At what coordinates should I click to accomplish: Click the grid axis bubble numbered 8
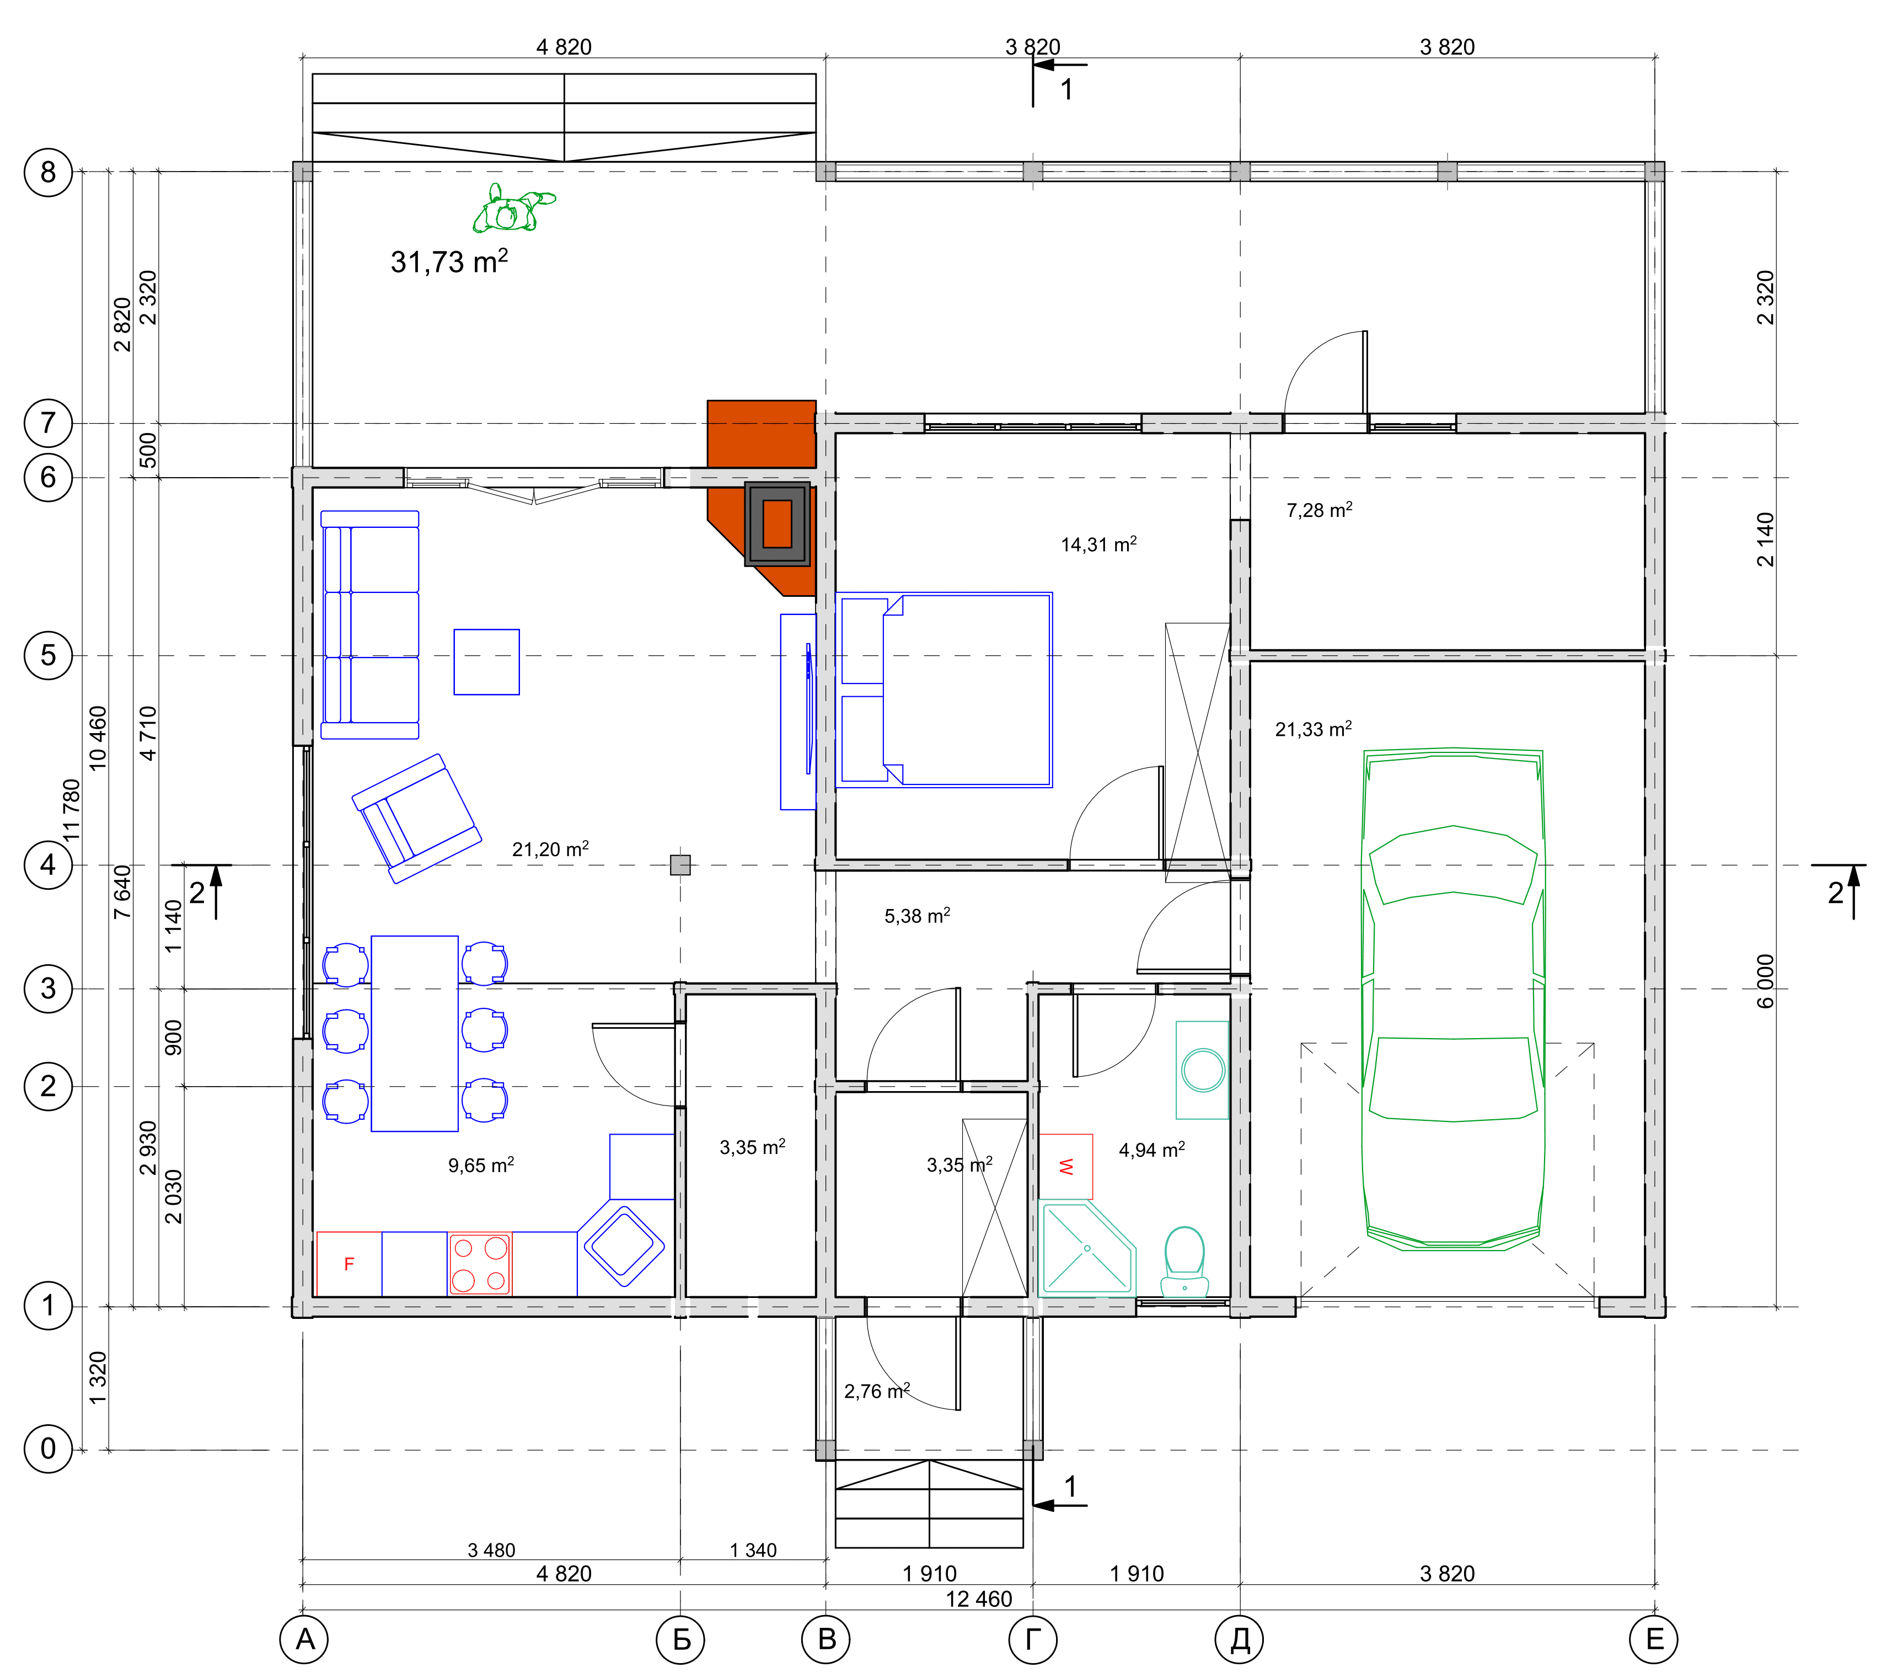pyautogui.click(x=47, y=172)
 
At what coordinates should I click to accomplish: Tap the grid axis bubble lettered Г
pyautogui.click(x=1032, y=1639)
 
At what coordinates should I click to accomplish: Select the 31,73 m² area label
pyautogui.click(x=449, y=261)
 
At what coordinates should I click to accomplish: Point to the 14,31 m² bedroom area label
pyautogui.click(x=1098, y=544)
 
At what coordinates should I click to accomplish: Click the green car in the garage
pyautogui.click(x=1454, y=998)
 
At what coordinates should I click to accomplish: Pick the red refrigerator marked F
pyautogui.click(x=349, y=1264)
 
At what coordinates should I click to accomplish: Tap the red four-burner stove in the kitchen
pyautogui.click(x=480, y=1264)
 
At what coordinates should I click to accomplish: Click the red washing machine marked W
pyautogui.click(x=1066, y=1166)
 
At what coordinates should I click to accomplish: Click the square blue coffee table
pyautogui.click(x=487, y=662)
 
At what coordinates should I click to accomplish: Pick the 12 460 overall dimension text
pyautogui.click(x=978, y=1599)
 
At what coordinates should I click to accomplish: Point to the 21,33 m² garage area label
pyautogui.click(x=1313, y=729)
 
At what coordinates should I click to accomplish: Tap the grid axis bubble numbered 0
pyautogui.click(x=47, y=1449)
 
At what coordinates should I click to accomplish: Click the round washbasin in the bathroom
pyautogui.click(x=1203, y=1070)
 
